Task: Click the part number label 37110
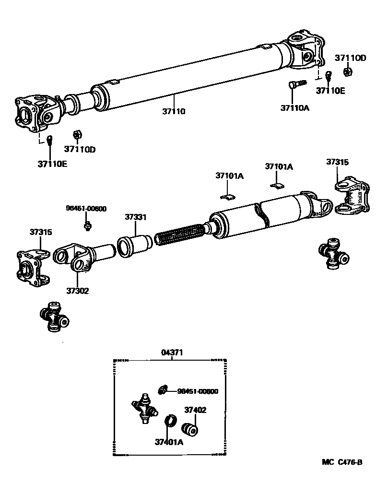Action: click(x=173, y=111)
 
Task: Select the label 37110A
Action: click(x=295, y=108)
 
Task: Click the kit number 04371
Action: click(x=171, y=353)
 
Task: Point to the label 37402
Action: click(x=195, y=411)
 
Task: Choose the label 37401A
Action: click(x=169, y=442)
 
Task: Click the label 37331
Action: click(x=136, y=217)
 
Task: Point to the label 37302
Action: click(x=77, y=291)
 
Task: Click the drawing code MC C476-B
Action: click(x=342, y=462)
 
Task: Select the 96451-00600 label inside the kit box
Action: click(x=198, y=391)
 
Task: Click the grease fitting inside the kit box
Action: click(x=163, y=389)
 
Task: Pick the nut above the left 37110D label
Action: click(x=76, y=135)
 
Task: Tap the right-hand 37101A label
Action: click(x=279, y=167)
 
